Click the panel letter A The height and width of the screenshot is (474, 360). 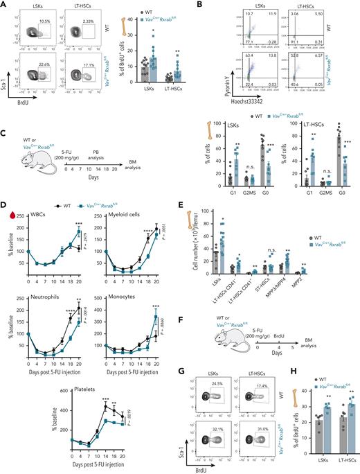click(4, 5)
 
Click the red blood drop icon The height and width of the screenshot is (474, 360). click(7, 217)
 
